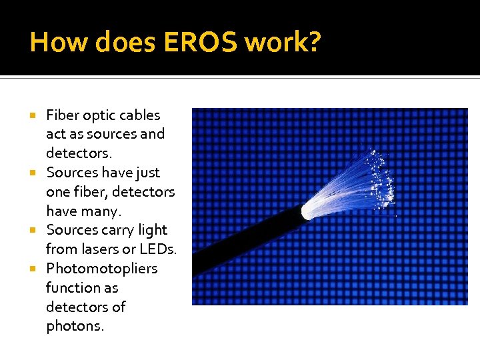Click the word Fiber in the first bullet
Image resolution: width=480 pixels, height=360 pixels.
[x=62, y=115]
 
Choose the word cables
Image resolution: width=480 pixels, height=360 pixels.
[x=140, y=115]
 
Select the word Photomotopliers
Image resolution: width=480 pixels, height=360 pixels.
[x=101, y=269]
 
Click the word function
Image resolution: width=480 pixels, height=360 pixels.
[x=72, y=287]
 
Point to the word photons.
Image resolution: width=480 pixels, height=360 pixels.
[x=75, y=327]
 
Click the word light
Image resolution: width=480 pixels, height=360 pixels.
[x=153, y=230]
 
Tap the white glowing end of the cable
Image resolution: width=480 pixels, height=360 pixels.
[x=307, y=211]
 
